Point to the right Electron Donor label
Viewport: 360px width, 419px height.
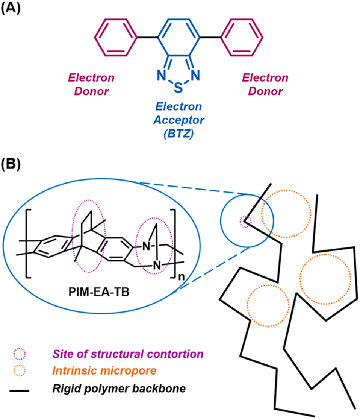(x=265, y=85)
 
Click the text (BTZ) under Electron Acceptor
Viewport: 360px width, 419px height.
(x=178, y=133)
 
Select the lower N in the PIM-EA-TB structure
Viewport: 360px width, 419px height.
(x=157, y=265)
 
